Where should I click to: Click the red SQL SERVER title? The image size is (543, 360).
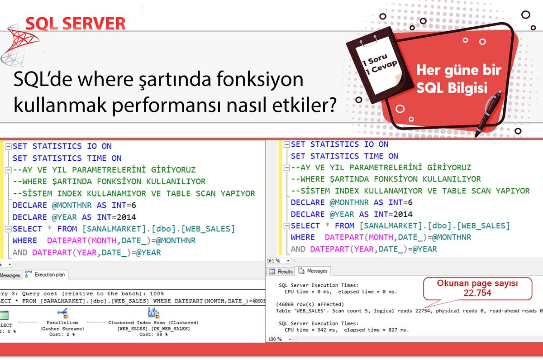[76, 23]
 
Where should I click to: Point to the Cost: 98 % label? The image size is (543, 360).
[153, 334]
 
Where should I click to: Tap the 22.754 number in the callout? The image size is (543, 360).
[477, 293]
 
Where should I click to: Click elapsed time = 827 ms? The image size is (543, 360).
[380, 330]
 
